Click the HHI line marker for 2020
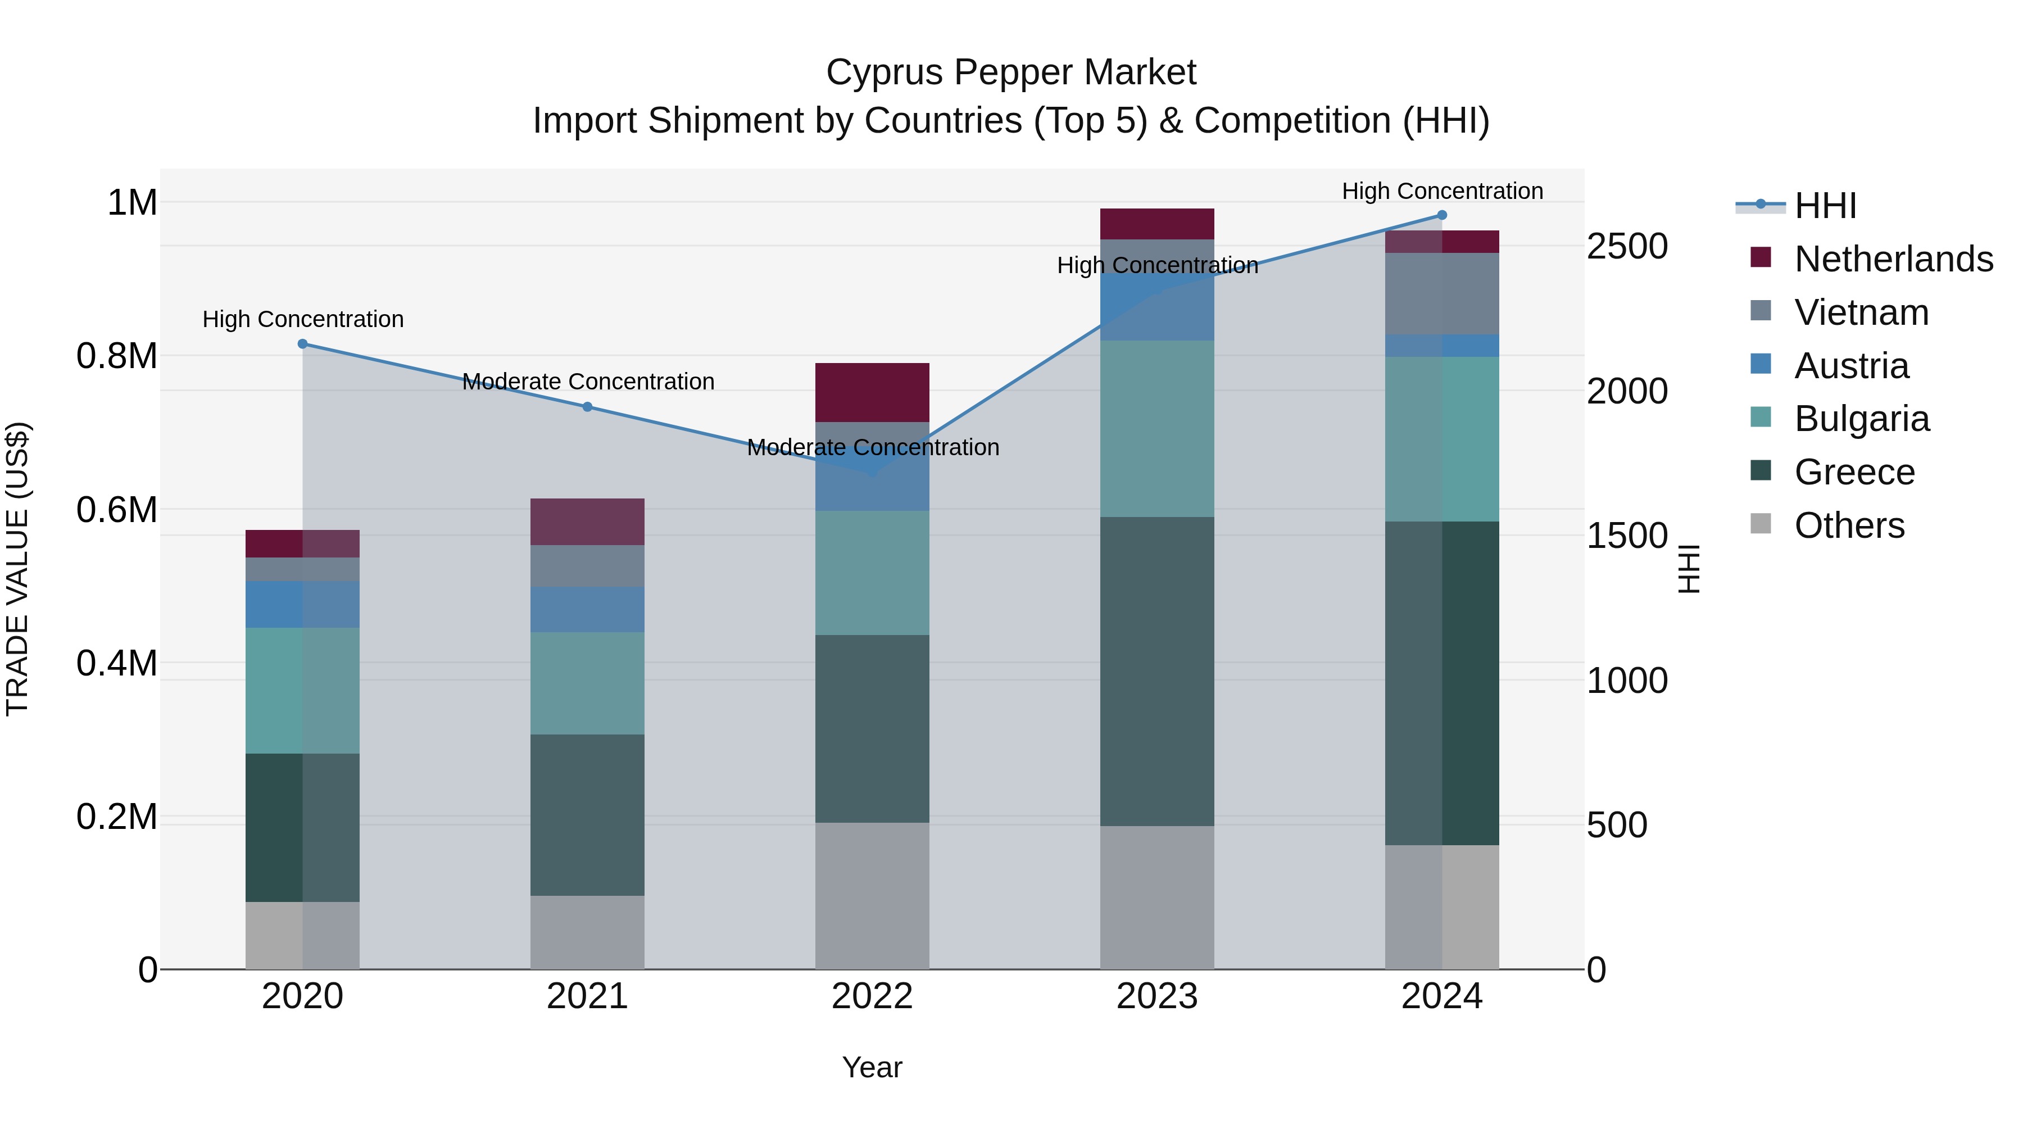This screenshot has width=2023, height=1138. [x=302, y=344]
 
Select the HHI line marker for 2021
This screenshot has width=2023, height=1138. [x=587, y=407]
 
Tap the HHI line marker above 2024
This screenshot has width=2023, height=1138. [x=1442, y=215]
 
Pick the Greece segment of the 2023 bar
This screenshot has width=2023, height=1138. [x=1157, y=672]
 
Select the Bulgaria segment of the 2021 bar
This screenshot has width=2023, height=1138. [x=587, y=683]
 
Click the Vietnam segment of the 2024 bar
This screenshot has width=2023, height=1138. [x=1442, y=294]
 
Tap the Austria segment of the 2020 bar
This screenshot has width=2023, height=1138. [x=302, y=604]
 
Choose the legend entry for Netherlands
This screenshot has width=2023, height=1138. [x=1893, y=259]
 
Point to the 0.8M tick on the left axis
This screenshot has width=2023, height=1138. [x=117, y=356]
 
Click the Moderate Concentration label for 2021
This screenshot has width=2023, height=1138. [x=588, y=382]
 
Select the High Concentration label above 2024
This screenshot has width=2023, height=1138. [x=1442, y=191]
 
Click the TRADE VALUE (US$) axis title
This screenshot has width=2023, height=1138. [x=17, y=569]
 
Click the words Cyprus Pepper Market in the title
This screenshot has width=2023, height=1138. [x=1011, y=72]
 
